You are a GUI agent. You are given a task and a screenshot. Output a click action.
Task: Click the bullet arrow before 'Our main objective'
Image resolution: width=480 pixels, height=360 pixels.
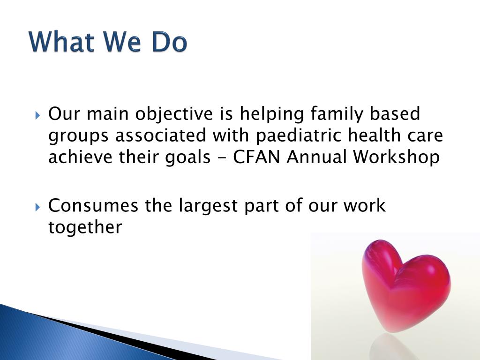[x=37, y=116]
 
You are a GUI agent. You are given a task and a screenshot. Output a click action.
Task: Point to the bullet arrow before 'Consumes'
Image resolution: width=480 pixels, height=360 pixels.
[x=37, y=207]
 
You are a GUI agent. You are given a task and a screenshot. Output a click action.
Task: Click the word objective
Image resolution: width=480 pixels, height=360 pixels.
[x=174, y=114]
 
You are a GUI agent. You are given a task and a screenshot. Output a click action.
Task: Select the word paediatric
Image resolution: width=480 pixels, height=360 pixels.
[x=298, y=136]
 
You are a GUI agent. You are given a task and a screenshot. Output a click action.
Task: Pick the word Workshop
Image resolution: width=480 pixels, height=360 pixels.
[x=396, y=157]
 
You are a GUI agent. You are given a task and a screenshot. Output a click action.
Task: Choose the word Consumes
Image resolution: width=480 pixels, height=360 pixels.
[x=93, y=205]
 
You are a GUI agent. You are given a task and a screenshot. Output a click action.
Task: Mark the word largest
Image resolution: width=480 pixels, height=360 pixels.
[x=208, y=206]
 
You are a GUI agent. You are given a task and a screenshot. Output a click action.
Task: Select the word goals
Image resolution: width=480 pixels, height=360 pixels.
[x=187, y=157]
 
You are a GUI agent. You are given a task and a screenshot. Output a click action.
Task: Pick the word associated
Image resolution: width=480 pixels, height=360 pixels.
[x=160, y=135]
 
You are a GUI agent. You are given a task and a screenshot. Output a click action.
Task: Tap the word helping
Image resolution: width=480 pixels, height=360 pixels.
[x=271, y=114]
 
